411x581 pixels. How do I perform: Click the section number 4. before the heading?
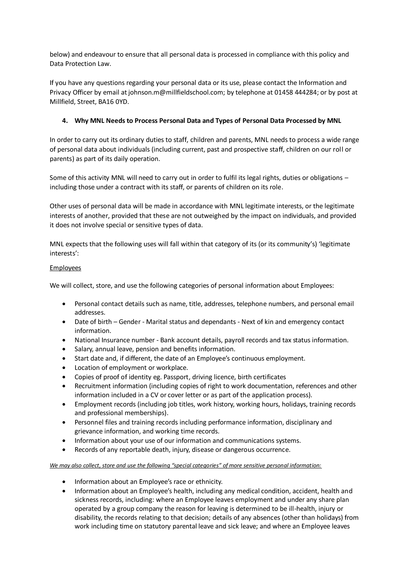tap(65, 121)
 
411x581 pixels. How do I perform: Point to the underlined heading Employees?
tap(65, 268)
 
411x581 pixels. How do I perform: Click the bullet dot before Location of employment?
tap(65, 368)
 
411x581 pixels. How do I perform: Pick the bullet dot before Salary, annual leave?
tap(65, 349)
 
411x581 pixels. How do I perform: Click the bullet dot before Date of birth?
tap(65, 322)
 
